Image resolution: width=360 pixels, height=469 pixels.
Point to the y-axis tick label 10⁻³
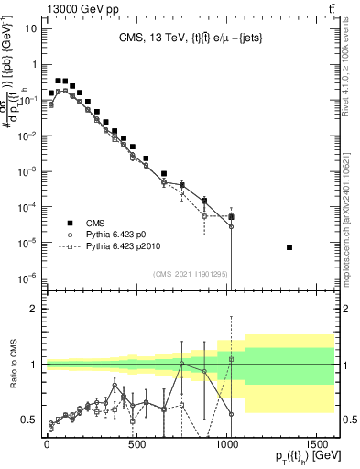27,171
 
